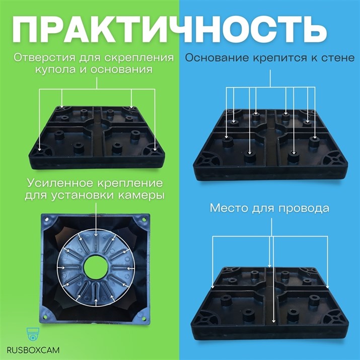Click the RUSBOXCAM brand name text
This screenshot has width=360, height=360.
click(x=34, y=349)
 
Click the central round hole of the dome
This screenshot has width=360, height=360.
click(x=96, y=265)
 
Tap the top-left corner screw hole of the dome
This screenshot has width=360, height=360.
click(x=46, y=219)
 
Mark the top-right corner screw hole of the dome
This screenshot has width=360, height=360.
click(x=146, y=219)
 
